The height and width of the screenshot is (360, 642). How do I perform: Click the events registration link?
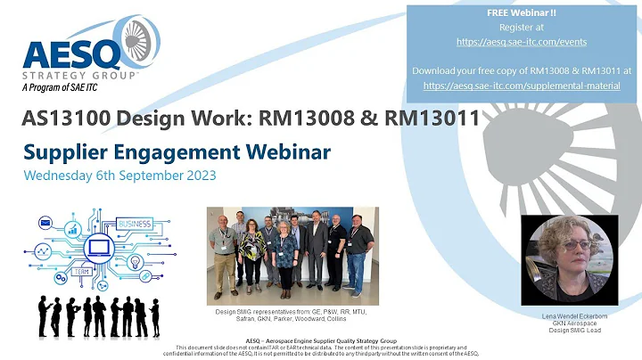(523, 41)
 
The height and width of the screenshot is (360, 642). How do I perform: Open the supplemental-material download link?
(523, 86)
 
